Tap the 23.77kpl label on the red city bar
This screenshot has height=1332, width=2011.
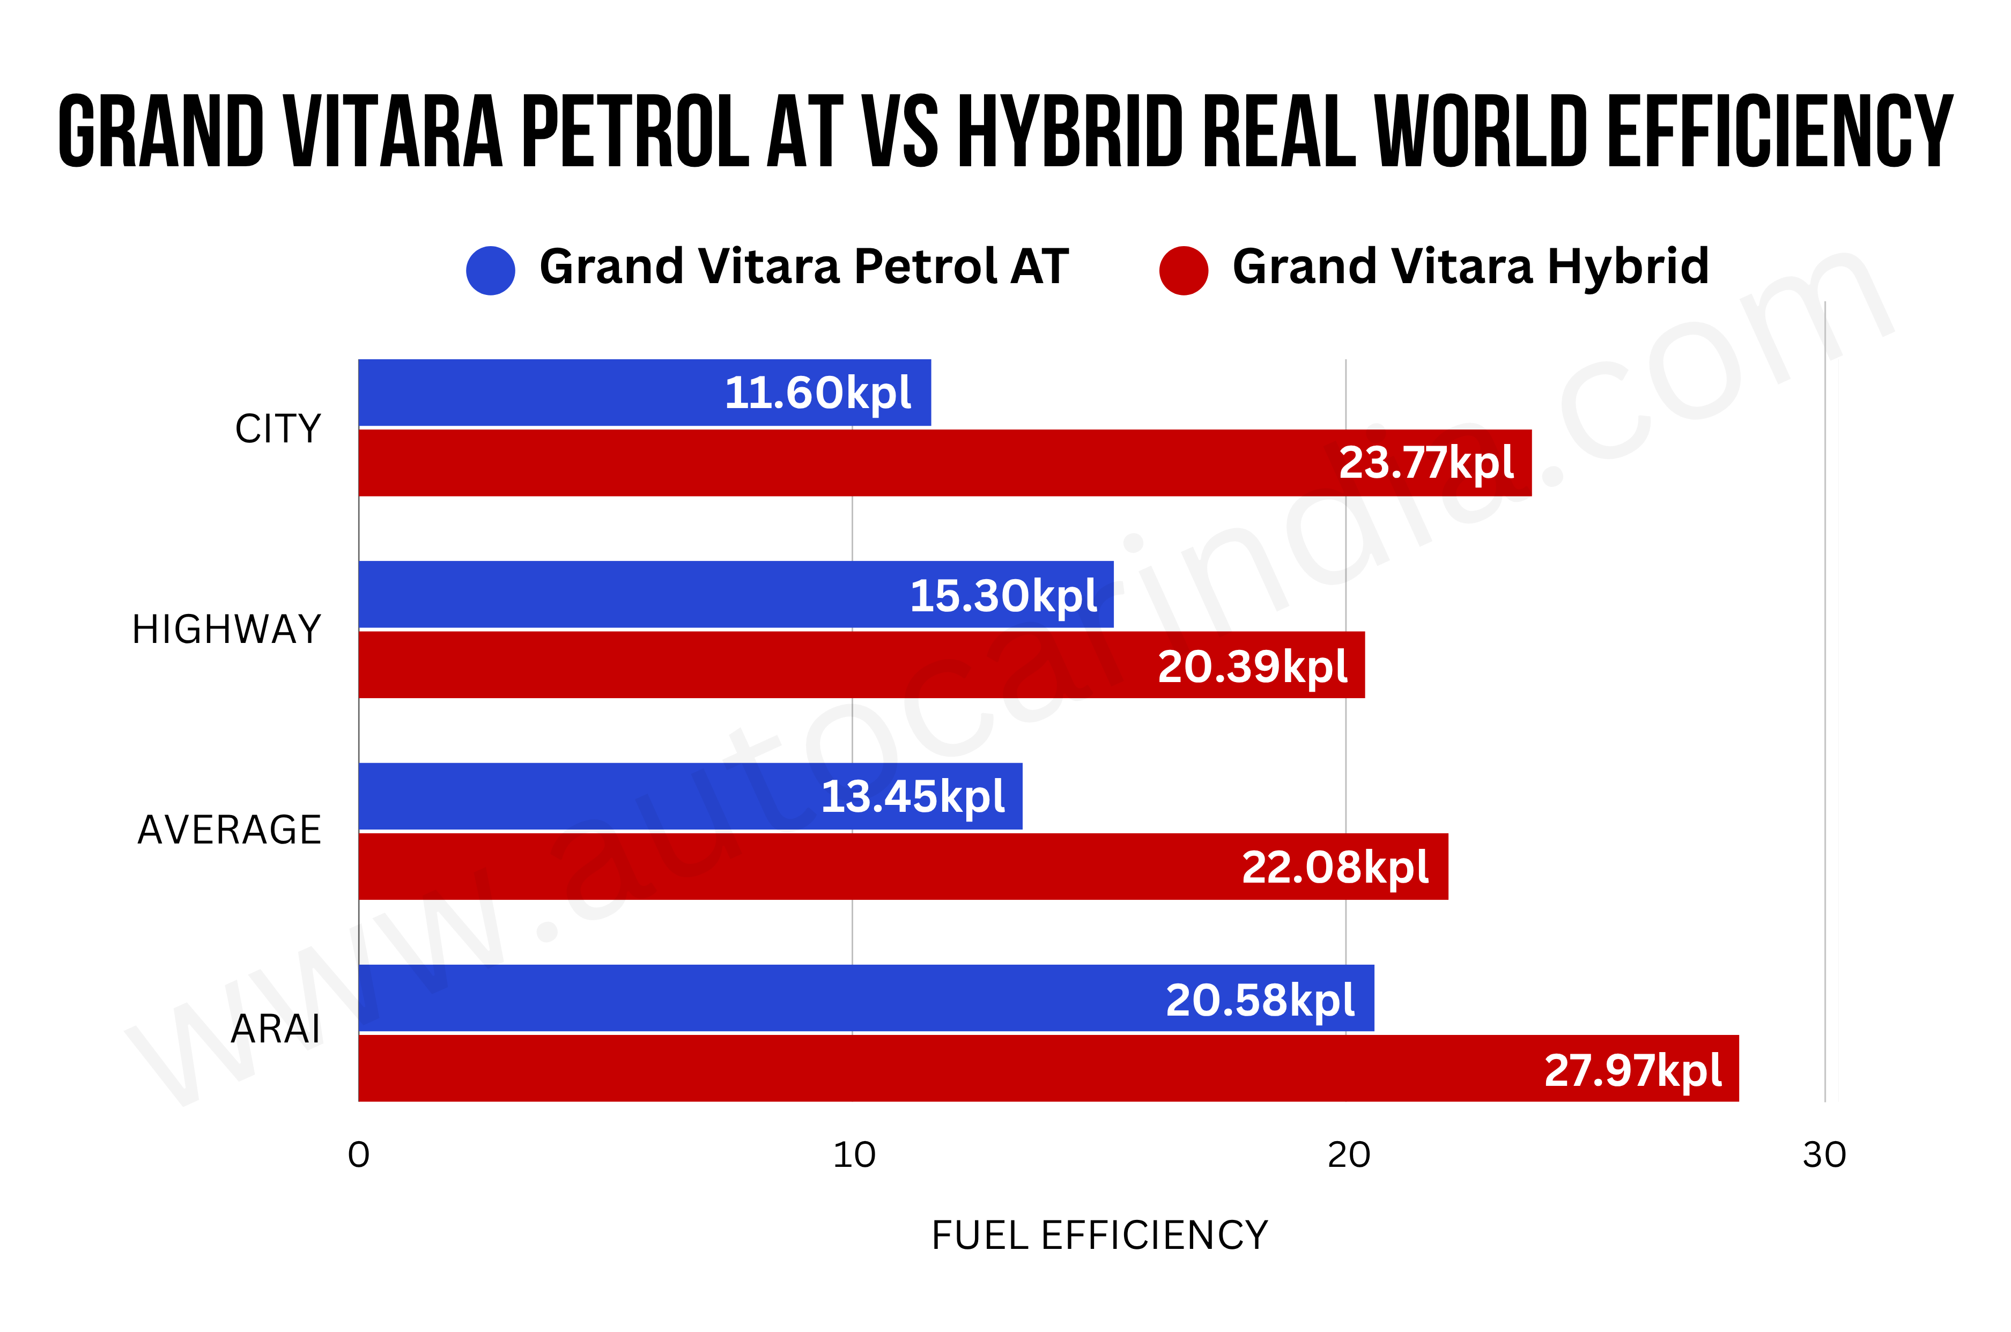[x=1425, y=463]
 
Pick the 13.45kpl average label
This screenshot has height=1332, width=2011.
[x=913, y=797]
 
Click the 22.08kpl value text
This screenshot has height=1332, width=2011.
[x=1335, y=867]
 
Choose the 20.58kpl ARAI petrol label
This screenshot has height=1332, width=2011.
[x=1259, y=1000]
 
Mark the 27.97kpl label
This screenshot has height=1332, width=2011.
[x=1632, y=1070]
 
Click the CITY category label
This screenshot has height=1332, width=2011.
[x=278, y=429]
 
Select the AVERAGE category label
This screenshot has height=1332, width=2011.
[x=230, y=830]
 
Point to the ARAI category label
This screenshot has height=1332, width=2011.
[x=275, y=1030]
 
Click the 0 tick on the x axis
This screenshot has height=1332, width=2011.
[x=359, y=1155]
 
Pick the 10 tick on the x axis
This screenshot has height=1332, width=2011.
[x=853, y=1155]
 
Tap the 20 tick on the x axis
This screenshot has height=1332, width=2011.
[x=1348, y=1155]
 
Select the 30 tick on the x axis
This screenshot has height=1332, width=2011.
[x=1824, y=1155]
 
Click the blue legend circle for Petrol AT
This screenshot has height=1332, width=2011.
[x=490, y=270]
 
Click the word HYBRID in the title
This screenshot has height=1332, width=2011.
[x=1070, y=132]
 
